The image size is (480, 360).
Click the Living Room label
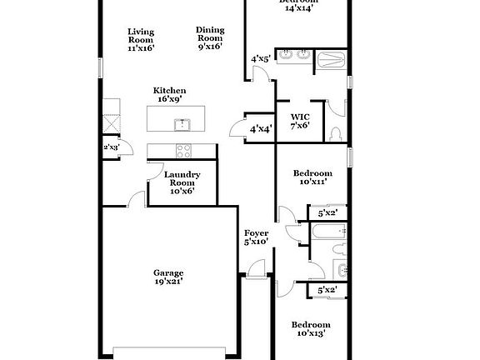(140, 40)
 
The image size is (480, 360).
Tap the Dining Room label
(210, 38)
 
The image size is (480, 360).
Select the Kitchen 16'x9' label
(169, 94)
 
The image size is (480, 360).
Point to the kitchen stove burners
(182, 150)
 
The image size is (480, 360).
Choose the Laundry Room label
(182, 183)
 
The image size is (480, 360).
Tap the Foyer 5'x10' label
(256, 237)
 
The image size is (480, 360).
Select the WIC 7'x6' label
(300, 121)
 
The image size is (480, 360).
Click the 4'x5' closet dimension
(260, 59)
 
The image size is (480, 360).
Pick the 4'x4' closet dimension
(259, 129)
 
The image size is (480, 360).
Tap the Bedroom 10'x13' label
(310, 328)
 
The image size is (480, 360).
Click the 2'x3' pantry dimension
(111, 147)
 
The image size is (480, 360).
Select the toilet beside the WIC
(334, 133)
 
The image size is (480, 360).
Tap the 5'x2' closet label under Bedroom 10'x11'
(327, 213)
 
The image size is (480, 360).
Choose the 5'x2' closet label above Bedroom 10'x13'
(327, 290)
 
